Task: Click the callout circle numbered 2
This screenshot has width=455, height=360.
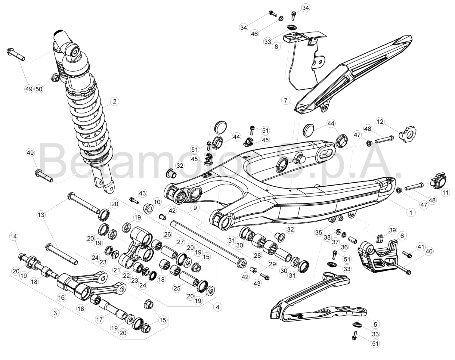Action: [114, 101]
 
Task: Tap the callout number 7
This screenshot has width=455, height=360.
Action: [286, 100]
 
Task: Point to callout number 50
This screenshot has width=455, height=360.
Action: [39, 89]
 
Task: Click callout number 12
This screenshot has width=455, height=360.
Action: [380, 122]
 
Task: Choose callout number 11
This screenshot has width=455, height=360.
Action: [445, 192]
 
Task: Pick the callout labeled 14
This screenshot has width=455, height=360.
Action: [14, 236]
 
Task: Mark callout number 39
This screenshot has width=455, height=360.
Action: [392, 230]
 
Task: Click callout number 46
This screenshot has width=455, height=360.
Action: [254, 34]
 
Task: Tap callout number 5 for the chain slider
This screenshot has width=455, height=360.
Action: [375, 324]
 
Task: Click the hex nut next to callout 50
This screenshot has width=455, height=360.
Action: [55, 78]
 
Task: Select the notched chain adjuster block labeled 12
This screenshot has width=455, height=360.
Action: [407, 134]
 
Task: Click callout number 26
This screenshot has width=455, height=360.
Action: [167, 234]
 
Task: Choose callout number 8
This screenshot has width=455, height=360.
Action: [276, 46]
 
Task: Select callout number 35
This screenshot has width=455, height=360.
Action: [318, 232]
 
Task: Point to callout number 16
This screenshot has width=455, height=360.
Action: [61, 298]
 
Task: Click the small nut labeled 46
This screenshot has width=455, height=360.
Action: [281, 18]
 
